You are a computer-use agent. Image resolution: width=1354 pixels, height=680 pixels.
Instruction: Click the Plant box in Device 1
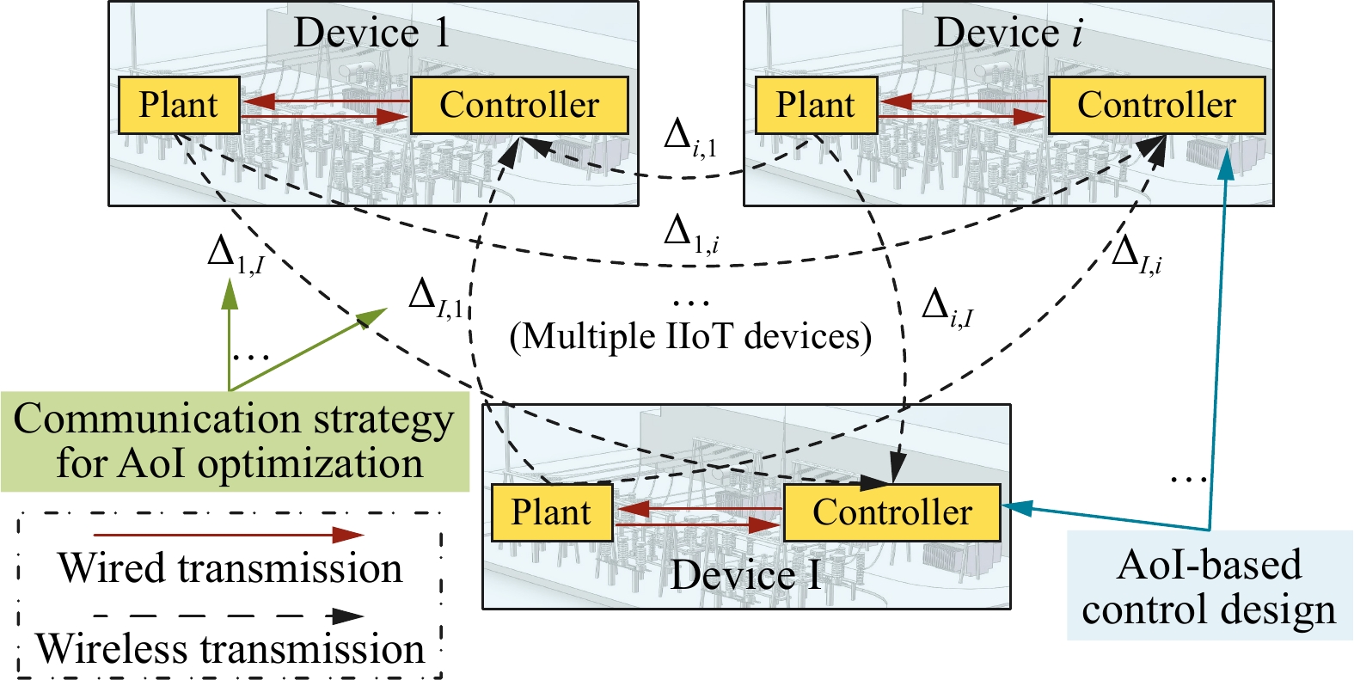coord(179,105)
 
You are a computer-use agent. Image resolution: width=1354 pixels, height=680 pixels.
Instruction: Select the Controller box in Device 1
coord(519,105)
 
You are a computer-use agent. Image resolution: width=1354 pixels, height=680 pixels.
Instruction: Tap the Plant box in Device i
coord(816,105)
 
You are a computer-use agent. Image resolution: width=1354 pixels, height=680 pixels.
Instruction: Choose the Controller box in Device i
coord(1156,105)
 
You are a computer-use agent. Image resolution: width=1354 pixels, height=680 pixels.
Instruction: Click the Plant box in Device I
coord(551,512)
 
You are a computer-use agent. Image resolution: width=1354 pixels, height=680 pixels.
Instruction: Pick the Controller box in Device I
coord(892,512)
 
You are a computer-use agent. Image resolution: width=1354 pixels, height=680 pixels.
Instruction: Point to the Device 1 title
coord(371,33)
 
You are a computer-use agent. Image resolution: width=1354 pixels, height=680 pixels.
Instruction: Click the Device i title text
coord(1008,33)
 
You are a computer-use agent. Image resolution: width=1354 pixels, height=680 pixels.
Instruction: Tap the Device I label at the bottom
coord(746,575)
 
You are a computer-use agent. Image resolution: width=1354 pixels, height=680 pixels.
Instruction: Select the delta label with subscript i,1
coord(690,138)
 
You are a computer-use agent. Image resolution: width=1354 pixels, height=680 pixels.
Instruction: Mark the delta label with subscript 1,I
coord(235,254)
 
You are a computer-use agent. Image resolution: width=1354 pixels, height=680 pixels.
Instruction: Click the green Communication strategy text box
coord(234,441)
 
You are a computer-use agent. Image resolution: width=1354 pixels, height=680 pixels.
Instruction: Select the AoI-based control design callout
coord(1209,586)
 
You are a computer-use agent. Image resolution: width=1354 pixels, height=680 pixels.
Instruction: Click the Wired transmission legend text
coord(230,568)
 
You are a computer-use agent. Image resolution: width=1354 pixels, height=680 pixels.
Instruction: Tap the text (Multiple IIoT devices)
coord(690,335)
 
